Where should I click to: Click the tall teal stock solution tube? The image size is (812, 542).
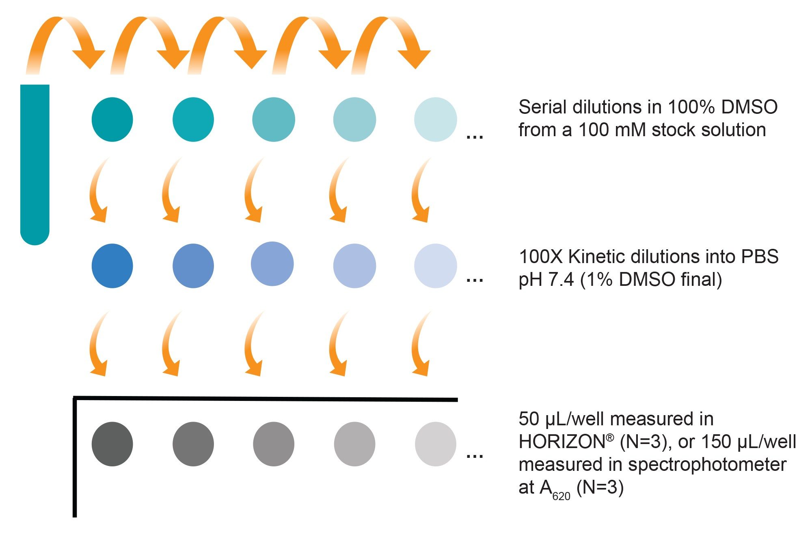point(35,163)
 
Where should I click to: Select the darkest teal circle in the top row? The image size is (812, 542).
point(112,120)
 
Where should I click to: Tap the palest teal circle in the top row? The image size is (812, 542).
point(435,120)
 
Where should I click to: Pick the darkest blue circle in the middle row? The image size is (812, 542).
point(112,266)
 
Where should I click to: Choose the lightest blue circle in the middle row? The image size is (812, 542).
point(435,266)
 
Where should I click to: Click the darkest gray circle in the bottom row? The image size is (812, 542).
point(112,444)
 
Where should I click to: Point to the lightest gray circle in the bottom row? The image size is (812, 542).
point(435,444)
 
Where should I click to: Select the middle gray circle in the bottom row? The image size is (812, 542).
point(273,444)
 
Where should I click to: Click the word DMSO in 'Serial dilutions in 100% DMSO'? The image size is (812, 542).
point(749,107)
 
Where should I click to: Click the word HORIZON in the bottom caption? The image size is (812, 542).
point(563,442)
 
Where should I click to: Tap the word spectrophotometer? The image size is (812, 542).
point(707,465)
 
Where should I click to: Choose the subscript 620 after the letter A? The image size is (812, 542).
point(561,496)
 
